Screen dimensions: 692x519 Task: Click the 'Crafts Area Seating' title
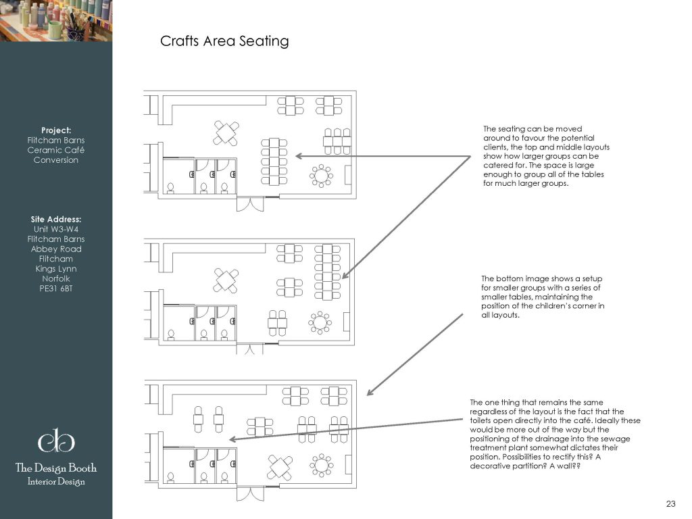[x=224, y=41]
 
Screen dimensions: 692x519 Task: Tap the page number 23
[x=670, y=503]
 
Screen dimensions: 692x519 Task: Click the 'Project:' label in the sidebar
[x=56, y=130]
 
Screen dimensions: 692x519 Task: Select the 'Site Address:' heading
[x=56, y=220]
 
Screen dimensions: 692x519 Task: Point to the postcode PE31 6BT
[x=56, y=289]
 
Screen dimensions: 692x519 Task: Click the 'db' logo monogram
[x=56, y=441]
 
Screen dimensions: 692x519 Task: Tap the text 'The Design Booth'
[x=56, y=468]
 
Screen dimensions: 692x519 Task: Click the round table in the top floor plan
[x=321, y=176]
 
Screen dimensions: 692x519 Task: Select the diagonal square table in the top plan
[x=226, y=133]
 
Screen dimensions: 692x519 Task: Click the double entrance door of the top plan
[x=250, y=204]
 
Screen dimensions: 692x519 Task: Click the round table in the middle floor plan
[x=320, y=322]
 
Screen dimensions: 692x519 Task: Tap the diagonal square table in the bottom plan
[x=280, y=467]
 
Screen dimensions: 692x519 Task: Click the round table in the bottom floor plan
[x=321, y=465]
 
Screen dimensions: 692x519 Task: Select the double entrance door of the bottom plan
[x=250, y=493]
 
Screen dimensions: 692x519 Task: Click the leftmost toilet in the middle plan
[x=171, y=335]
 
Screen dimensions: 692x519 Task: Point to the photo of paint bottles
[x=56, y=21]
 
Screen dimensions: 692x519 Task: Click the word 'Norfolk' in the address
[x=56, y=278]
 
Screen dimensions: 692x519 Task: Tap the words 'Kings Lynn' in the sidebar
[x=56, y=269]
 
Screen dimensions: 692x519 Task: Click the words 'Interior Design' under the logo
[x=56, y=481]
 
